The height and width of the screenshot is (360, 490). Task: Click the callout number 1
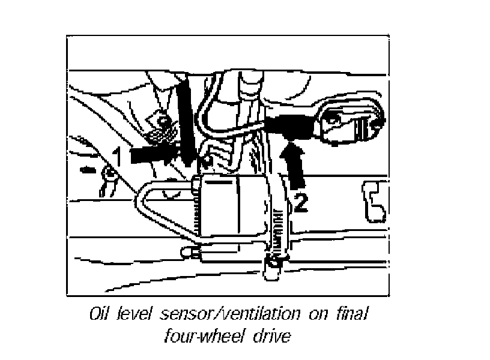pos(118,157)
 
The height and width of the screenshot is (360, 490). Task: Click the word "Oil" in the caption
pos(97,314)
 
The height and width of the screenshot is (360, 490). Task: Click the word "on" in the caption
pos(313,315)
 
